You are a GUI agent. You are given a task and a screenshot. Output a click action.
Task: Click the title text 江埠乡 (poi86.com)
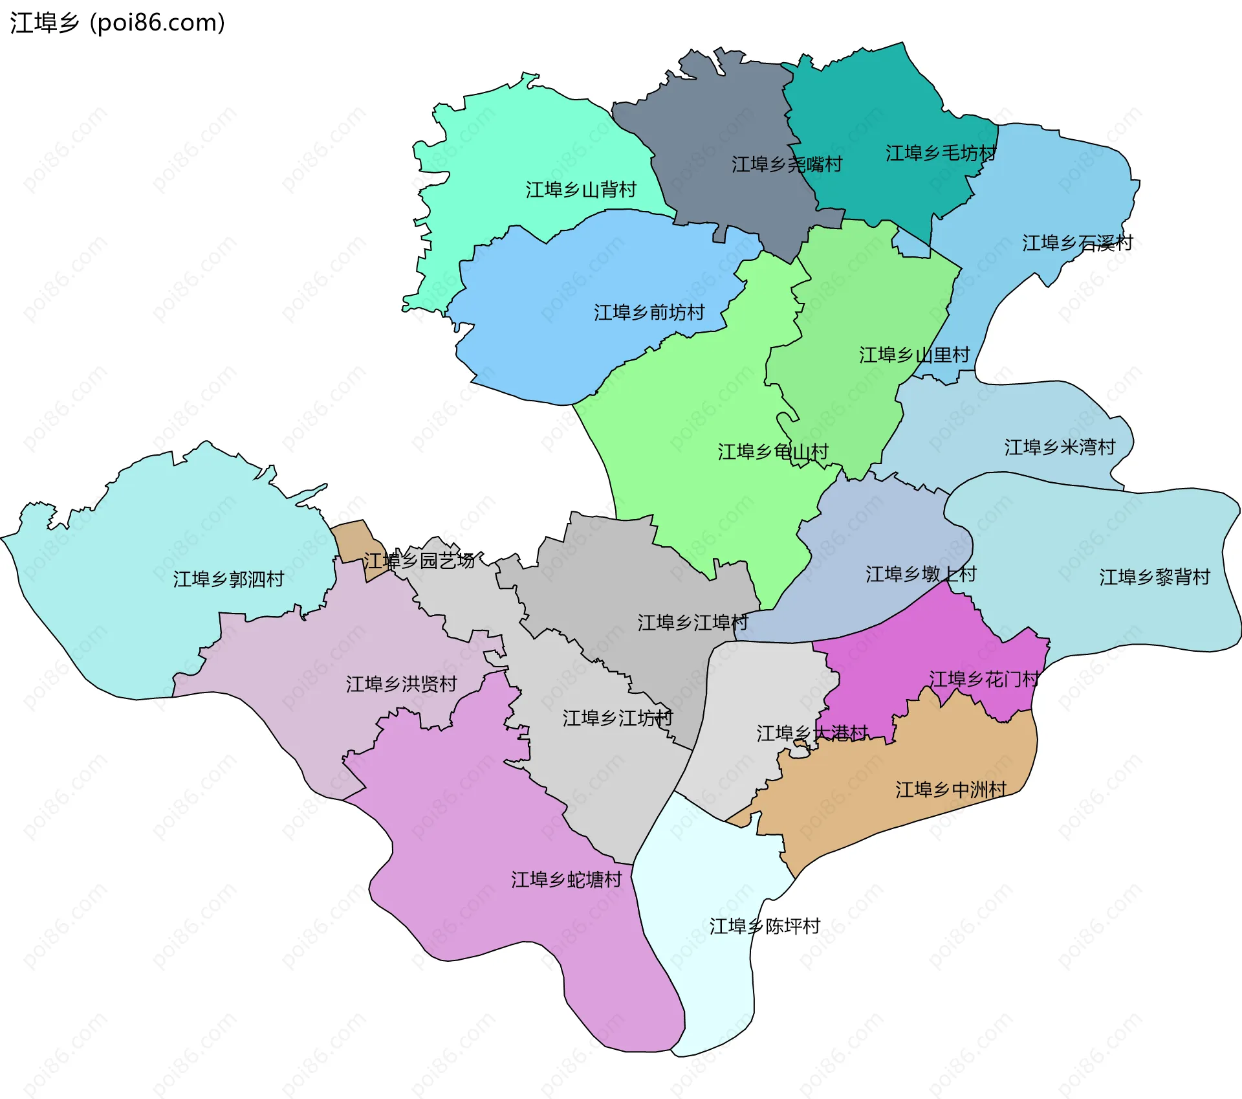pos(117,23)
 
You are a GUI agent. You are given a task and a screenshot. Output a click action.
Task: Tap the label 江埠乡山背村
pos(580,190)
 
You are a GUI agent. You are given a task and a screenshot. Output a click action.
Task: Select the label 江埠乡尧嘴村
pos(786,164)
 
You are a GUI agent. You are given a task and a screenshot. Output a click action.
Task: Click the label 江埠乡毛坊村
pos(940,153)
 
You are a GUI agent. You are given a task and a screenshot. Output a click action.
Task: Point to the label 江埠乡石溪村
pos(1077,243)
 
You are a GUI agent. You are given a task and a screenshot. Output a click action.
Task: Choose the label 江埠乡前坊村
pos(649,313)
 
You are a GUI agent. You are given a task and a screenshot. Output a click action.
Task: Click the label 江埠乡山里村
pos(914,355)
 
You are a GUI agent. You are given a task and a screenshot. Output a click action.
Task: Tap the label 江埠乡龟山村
pos(772,452)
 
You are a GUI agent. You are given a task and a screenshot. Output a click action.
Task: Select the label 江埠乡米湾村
pos(1060,447)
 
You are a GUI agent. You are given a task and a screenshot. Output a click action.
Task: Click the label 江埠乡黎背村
pos(1154,577)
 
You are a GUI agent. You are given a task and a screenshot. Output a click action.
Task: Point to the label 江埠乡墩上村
pos(921,574)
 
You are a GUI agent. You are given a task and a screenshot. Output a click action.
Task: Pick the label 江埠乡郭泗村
pos(228,579)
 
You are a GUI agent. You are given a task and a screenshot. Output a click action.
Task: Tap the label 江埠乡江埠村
pos(692,623)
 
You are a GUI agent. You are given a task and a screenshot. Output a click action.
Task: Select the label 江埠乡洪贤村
pos(401,684)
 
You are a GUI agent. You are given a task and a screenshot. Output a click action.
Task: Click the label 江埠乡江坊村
pos(617,718)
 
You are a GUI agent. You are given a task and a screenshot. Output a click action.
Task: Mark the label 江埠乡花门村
pos(983,680)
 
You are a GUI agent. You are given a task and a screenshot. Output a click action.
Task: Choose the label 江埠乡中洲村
pos(950,790)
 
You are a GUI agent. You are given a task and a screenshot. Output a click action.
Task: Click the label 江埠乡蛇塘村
pos(566,880)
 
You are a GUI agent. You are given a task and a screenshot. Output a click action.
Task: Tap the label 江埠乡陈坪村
pos(764,926)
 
